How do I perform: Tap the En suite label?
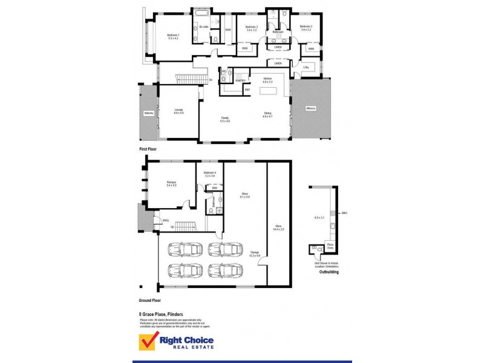pyautogui.click(x=204, y=27)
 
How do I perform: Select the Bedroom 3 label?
pyautogui.click(x=306, y=27)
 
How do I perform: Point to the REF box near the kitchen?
pyautogui.click(x=247, y=90)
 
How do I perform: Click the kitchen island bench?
pyautogui.click(x=268, y=91)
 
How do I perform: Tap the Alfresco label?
pyautogui.click(x=310, y=109)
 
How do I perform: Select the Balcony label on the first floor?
pyautogui.click(x=149, y=113)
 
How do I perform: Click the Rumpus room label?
pyautogui.click(x=171, y=183)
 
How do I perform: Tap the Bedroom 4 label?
pyautogui.click(x=209, y=174)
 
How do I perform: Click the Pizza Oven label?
pyautogui.click(x=330, y=246)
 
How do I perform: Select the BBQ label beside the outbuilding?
pyautogui.click(x=344, y=213)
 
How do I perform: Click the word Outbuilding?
pyautogui.click(x=329, y=272)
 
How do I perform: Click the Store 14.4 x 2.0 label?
pyautogui.click(x=279, y=228)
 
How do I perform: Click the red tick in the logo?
pyautogui.click(x=148, y=342)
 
